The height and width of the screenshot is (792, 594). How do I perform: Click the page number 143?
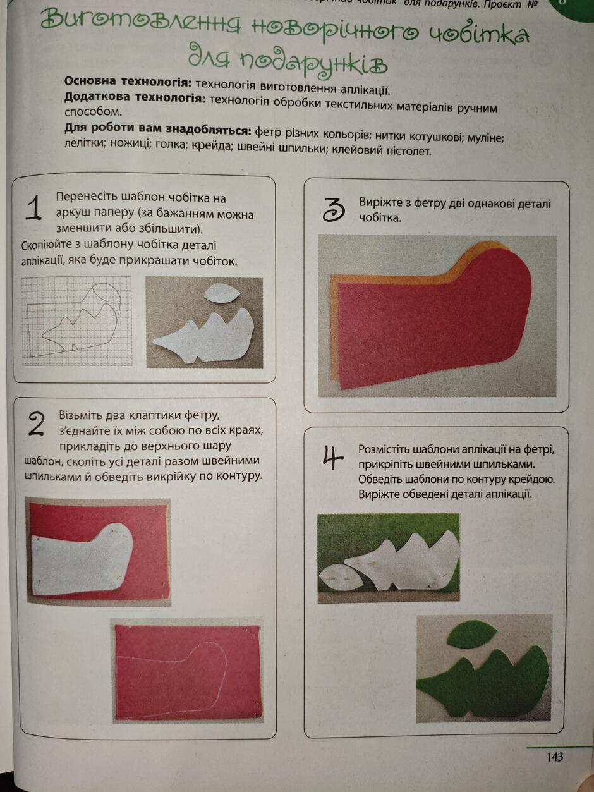pos(555,757)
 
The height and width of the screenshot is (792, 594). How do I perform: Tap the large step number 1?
pos(33,208)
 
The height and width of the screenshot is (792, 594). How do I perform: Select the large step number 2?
pos(36,424)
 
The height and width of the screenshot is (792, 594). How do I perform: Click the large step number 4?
pos(332,458)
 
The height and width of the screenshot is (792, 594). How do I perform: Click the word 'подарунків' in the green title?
pos(314,64)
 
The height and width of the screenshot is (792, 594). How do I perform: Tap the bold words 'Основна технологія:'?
pos(128,82)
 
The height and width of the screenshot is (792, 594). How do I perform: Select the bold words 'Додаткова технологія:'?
pos(135,97)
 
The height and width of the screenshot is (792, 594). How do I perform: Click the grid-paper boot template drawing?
pos(76,321)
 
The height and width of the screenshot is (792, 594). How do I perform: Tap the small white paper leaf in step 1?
pos(222,293)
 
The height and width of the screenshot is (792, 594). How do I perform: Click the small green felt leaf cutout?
pos(472,634)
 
